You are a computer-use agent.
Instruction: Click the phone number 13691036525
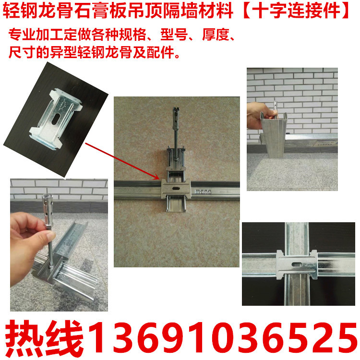tap(220, 336)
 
